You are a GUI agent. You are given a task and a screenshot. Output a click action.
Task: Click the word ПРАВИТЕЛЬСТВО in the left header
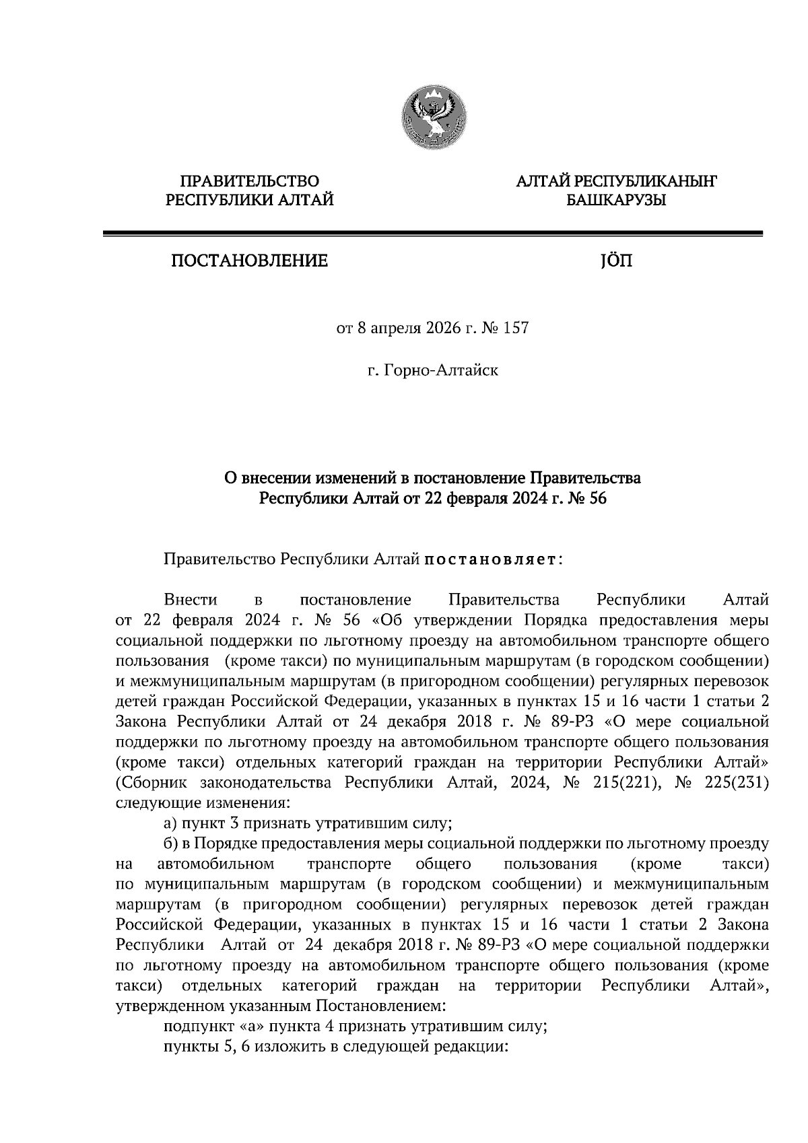[x=250, y=180]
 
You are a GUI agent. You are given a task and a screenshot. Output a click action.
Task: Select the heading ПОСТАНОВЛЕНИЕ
[x=249, y=261]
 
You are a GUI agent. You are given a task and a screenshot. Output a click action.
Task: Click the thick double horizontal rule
[x=432, y=234]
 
